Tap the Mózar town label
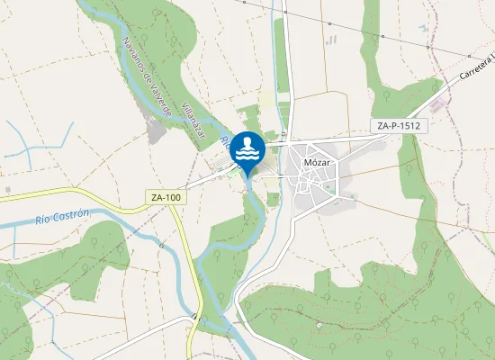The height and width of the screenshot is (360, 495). pyautogui.click(x=318, y=163)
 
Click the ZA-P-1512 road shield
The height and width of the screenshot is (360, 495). pyautogui.click(x=397, y=127)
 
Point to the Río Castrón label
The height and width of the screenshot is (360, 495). pyautogui.click(x=62, y=217)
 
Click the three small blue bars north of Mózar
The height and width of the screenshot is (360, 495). pyautogui.click(x=331, y=40)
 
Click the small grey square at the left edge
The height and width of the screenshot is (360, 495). pyautogui.click(x=7, y=191)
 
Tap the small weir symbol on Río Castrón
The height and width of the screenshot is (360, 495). pyautogui.click(x=161, y=243)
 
